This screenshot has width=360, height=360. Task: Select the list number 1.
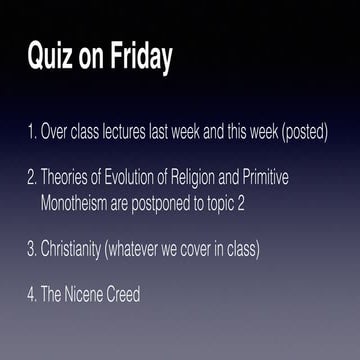[x=30, y=132]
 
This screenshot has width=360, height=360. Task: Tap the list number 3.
[x=30, y=248]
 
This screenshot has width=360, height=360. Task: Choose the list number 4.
[x=30, y=296]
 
